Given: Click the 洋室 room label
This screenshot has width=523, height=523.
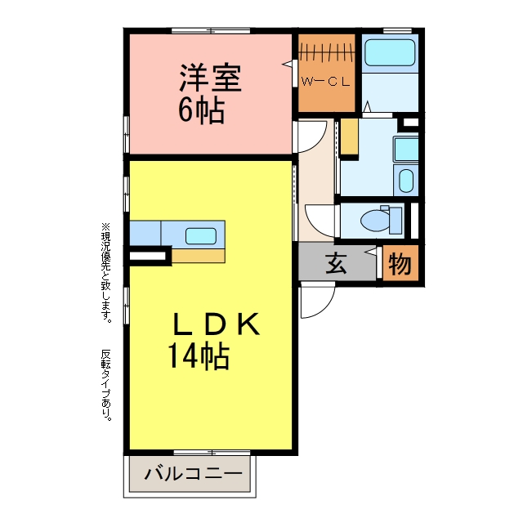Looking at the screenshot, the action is pos(210,78).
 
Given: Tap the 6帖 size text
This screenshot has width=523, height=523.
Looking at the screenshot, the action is pos(201,110).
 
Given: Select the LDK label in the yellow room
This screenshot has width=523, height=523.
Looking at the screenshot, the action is pos(215,324).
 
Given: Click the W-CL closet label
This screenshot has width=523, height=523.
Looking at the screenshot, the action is pos(325,82).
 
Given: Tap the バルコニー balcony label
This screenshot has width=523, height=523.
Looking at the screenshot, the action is pos(194,474).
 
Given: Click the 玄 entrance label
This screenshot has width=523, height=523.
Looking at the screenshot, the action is pos(336,263).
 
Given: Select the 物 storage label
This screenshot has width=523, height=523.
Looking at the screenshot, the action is pos(400,263).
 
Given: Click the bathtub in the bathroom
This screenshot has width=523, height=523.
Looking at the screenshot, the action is pos(390,53).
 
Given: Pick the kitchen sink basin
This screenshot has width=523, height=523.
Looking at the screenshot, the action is pos(201,236).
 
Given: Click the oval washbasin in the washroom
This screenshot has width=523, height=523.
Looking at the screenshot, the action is pos(406,181).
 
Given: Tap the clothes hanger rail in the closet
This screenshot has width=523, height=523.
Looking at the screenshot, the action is pos(327,52).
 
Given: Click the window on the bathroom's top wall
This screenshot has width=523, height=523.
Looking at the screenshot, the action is pos(397,31).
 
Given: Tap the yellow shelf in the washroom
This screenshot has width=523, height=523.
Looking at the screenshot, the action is pos(349,137).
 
